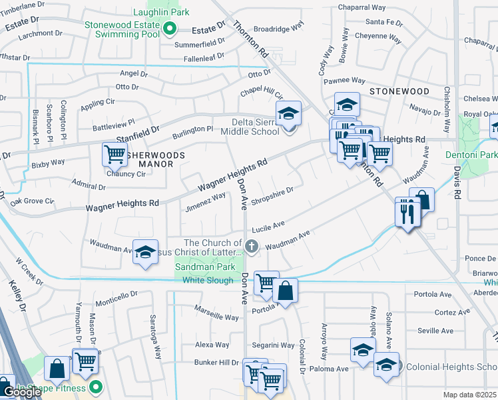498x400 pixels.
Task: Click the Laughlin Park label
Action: tap(161, 12)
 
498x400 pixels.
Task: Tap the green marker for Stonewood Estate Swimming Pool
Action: tap(170, 29)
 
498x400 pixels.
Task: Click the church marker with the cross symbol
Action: tap(252, 247)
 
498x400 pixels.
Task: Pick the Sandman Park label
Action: tap(204, 267)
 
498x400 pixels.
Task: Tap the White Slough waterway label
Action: tap(208, 281)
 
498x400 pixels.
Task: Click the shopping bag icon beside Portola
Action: tap(285, 291)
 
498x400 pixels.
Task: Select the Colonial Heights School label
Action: tap(451, 367)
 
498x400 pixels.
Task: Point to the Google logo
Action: tap(22, 392)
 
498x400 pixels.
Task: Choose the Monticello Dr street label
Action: tap(116, 294)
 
